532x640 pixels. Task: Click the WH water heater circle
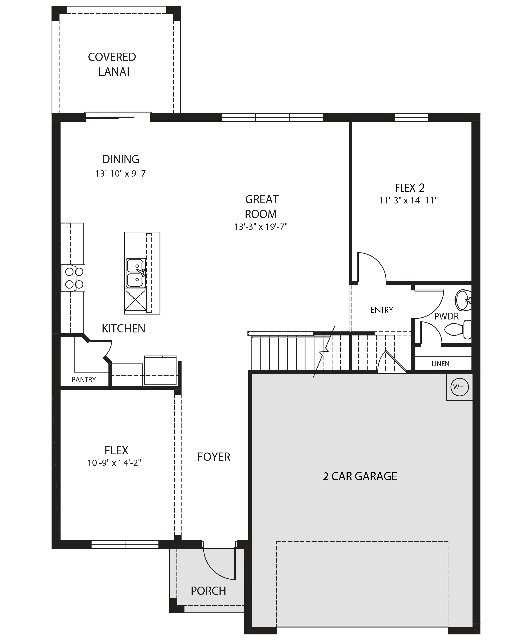point(459,387)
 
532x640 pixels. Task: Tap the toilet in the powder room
point(458,329)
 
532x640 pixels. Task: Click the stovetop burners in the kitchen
point(73,278)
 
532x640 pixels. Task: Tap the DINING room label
point(121,159)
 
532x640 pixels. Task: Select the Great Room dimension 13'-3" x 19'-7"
point(261,227)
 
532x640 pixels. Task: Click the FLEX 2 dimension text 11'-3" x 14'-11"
point(408,200)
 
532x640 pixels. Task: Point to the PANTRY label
point(84,379)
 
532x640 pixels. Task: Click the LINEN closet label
point(440,364)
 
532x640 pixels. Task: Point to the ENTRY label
point(382,310)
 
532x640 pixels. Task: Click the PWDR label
point(446,316)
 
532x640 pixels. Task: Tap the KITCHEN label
point(123,329)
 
